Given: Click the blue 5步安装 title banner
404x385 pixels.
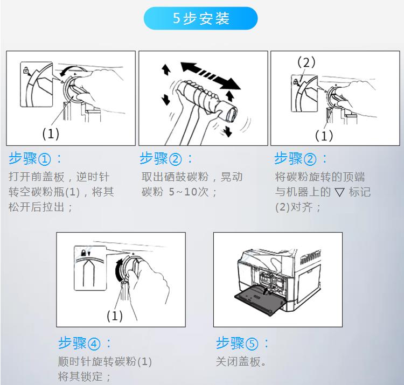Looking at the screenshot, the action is (x=200, y=18).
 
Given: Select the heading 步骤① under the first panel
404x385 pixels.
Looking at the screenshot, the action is (x=30, y=158).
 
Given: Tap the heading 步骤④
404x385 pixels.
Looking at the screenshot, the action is (x=79, y=343).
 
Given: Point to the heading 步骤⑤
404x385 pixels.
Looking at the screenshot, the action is (x=237, y=343).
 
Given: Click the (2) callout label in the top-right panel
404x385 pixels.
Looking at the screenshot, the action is (x=306, y=62).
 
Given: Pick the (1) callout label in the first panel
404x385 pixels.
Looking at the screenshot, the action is (x=51, y=134).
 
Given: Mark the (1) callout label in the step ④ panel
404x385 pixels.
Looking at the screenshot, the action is (x=115, y=316).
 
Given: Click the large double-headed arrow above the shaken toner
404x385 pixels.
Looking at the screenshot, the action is (x=211, y=76).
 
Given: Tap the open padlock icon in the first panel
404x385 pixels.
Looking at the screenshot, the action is (x=26, y=70).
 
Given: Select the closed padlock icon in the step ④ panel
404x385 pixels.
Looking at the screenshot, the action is (x=83, y=253).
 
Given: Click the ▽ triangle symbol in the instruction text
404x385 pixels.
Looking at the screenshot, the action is (x=339, y=192).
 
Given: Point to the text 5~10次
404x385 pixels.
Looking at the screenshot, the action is (x=189, y=192).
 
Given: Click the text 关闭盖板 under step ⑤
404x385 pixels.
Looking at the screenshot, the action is (x=238, y=361).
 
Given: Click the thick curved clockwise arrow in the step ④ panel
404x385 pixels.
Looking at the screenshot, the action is (x=119, y=270).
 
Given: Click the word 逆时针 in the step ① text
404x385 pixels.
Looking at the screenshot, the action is (x=93, y=177).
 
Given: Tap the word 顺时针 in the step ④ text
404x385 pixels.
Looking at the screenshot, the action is (x=74, y=361).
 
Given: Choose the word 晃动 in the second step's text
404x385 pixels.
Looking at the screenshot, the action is (x=232, y=177).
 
